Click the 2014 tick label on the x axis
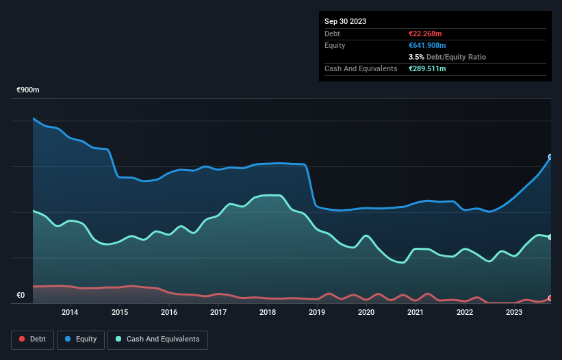pos(69,313)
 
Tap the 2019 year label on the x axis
pos(316,313)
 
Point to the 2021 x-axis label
pos(416,313)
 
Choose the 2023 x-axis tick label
pos(514,313)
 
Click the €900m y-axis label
pos(28,90)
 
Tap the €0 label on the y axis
pos(21,296)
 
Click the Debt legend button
pos(33,339)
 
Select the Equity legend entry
pos(81,339)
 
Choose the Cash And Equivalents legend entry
pos(157,339)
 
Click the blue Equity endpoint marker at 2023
pos(550,157)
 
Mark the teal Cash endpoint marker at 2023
pos(550,237)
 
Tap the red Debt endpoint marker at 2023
pos(550,298)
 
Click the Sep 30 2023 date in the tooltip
pos(345,21)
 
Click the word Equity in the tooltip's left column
pos(335,45)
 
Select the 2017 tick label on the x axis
pos(218,313)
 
